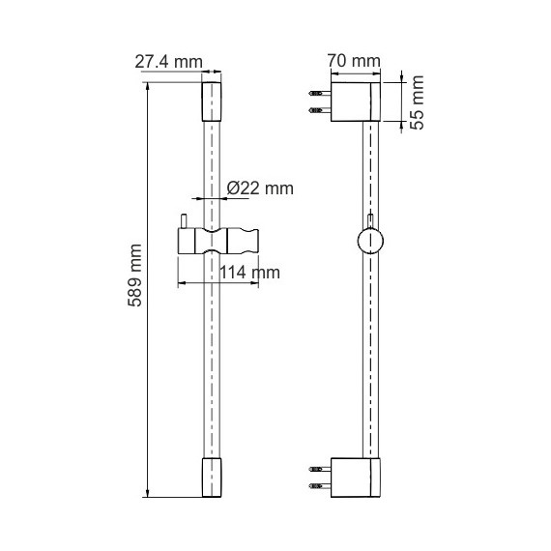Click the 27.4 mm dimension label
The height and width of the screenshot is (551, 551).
[x=168, y=62]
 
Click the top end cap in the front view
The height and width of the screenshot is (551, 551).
[x=210, y=101]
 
